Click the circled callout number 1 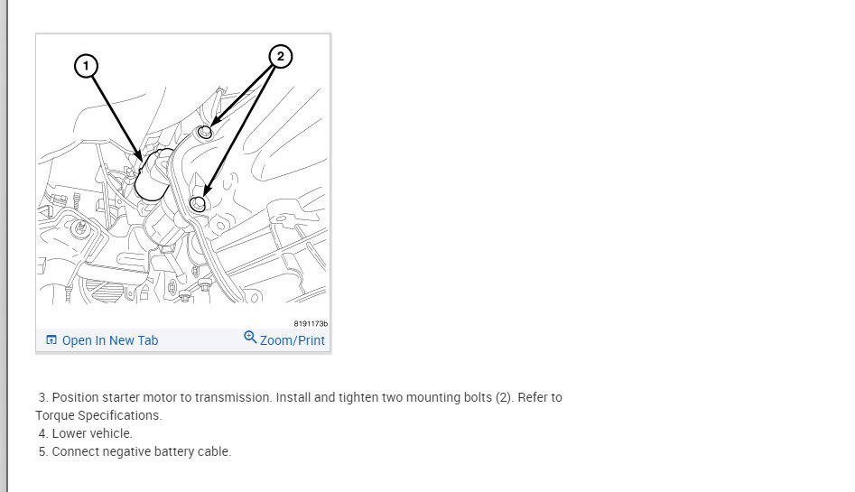point(86,66)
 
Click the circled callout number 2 point(280,56)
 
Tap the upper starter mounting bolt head point(204,132)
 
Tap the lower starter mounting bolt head point(198,204)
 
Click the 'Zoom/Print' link point(293,340)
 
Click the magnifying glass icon point(250,337)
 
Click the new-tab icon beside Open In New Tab point(51,339)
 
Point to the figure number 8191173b point(311,323)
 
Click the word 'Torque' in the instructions point(55,415)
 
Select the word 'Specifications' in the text point(120,415)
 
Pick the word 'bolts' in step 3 point(478,397)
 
